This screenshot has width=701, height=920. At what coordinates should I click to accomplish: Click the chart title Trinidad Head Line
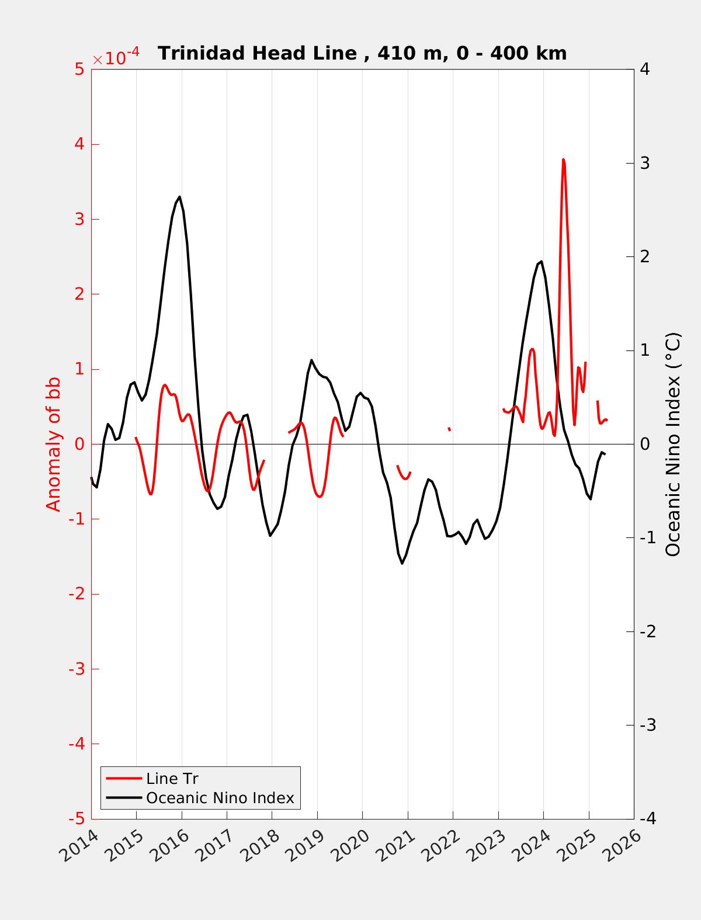click(362, 53)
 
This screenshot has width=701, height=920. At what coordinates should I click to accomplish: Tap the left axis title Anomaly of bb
click(53, 444)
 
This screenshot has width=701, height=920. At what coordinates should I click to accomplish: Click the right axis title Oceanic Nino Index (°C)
click(673, 444)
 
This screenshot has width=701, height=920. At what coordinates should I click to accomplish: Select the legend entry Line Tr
click(172, 778)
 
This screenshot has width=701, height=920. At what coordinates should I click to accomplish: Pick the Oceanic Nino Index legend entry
click(220, 797)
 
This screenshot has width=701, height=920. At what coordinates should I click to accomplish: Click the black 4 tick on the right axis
click(645, 70)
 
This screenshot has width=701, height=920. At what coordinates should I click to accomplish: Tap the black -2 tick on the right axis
click(647, 631)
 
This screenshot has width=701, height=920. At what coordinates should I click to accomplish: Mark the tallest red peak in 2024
click(563, 159)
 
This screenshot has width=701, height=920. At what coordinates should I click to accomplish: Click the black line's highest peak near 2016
click(179, 197)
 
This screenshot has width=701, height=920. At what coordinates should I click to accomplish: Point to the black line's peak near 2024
click(542, 262)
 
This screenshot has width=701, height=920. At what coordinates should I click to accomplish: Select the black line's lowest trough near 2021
click(402, 563)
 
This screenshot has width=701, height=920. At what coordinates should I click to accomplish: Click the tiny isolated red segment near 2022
click(449, 429)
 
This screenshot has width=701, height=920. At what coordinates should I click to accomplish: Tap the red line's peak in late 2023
click(532, 349)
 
